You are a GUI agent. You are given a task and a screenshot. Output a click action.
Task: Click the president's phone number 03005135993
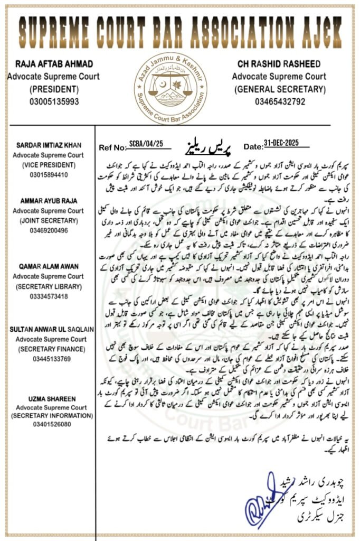47,101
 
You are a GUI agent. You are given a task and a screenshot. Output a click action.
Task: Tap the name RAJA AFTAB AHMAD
47,64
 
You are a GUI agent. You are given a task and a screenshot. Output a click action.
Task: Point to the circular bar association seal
169,88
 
